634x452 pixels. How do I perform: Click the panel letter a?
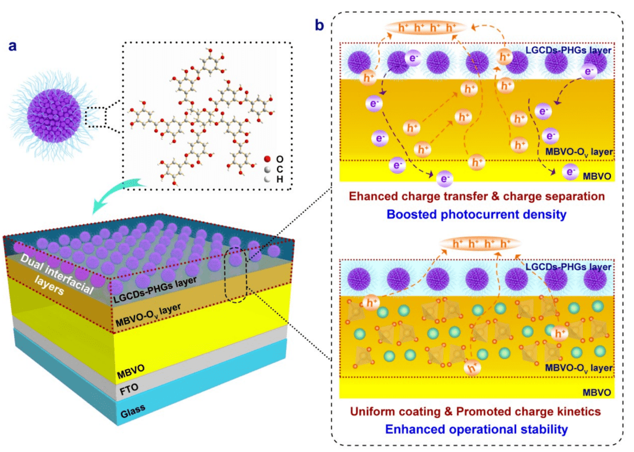[12, 46]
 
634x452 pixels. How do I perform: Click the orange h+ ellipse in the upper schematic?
[426, 28]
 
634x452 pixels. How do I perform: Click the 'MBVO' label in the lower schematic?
[596, 391]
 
